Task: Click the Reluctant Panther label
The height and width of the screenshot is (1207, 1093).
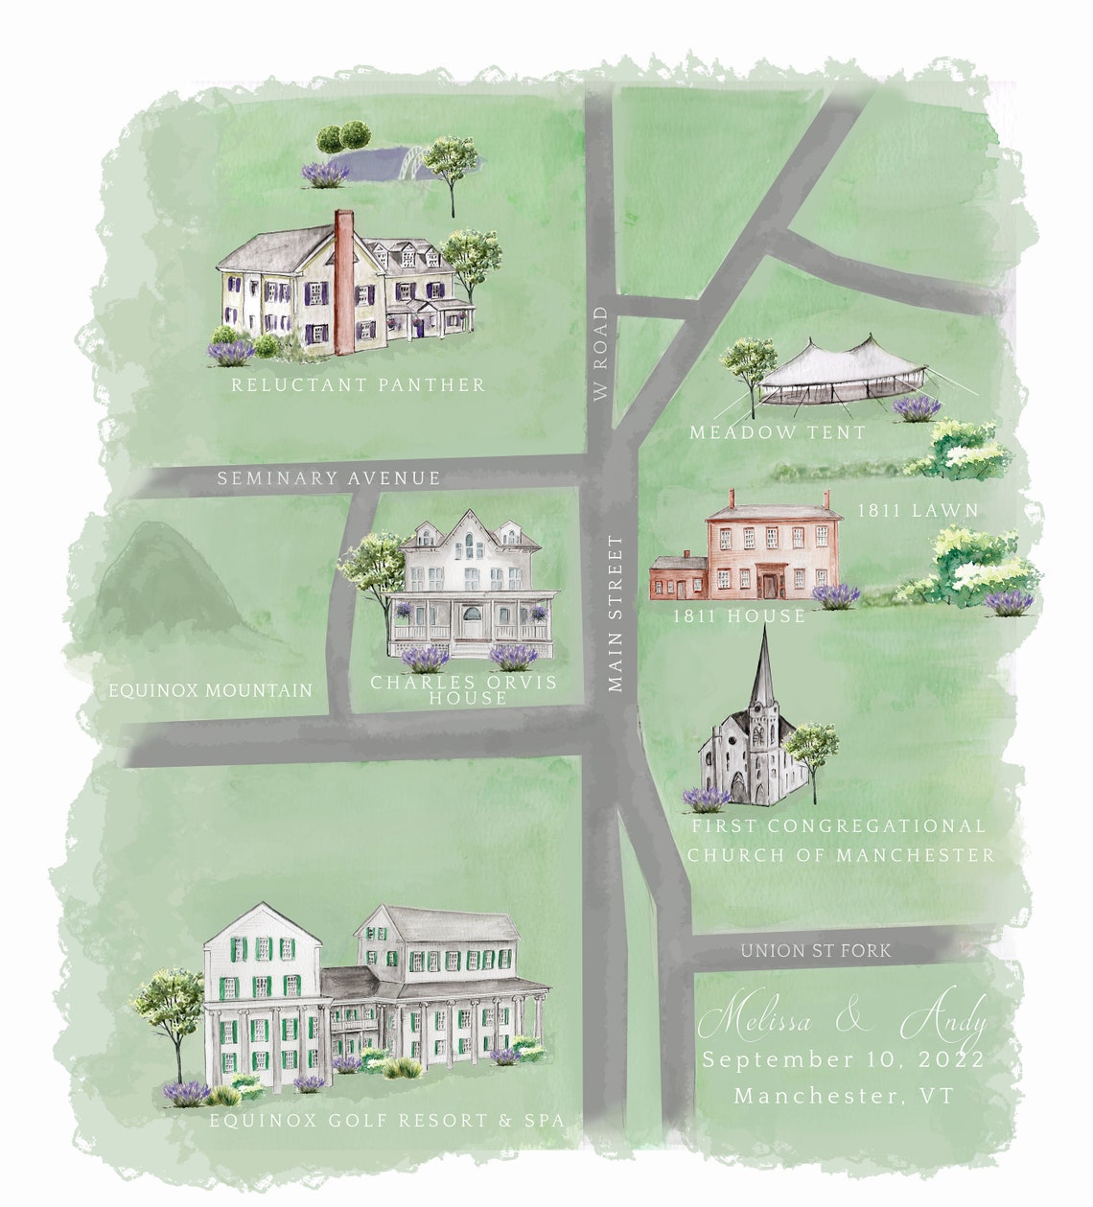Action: tap(358, 385)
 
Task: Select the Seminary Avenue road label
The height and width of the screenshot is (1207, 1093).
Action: tap(328, 477)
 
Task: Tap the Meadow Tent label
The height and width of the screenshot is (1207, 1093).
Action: tap(777, 432)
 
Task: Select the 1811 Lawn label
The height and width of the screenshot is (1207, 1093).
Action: tap(918, 511)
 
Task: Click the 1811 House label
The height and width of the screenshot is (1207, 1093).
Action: tap(738, 615)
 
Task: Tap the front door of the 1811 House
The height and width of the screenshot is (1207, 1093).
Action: tap(768, 583)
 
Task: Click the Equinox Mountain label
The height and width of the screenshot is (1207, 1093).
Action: tap(210, 689)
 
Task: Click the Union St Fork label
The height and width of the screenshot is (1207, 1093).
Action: tap(815, 951)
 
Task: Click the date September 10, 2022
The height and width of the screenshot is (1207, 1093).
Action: tap(843, 1060)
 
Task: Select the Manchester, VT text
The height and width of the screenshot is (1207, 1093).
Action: tap(844, 1095)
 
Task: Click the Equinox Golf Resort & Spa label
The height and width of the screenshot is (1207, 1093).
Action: tap(386, 1120)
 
